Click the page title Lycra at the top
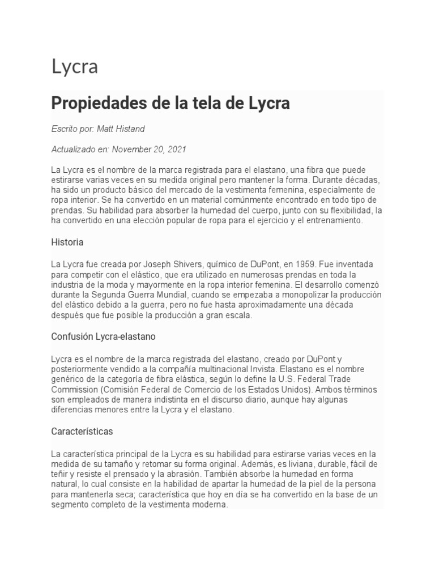tap(75, 67)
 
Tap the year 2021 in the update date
tap(175, 150)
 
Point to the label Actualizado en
tap(80, 150)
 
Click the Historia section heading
tap(67, 242)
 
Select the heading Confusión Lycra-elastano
tap(103, 336)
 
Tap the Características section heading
tap(82, 431)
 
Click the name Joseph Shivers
tap(167, 265)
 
